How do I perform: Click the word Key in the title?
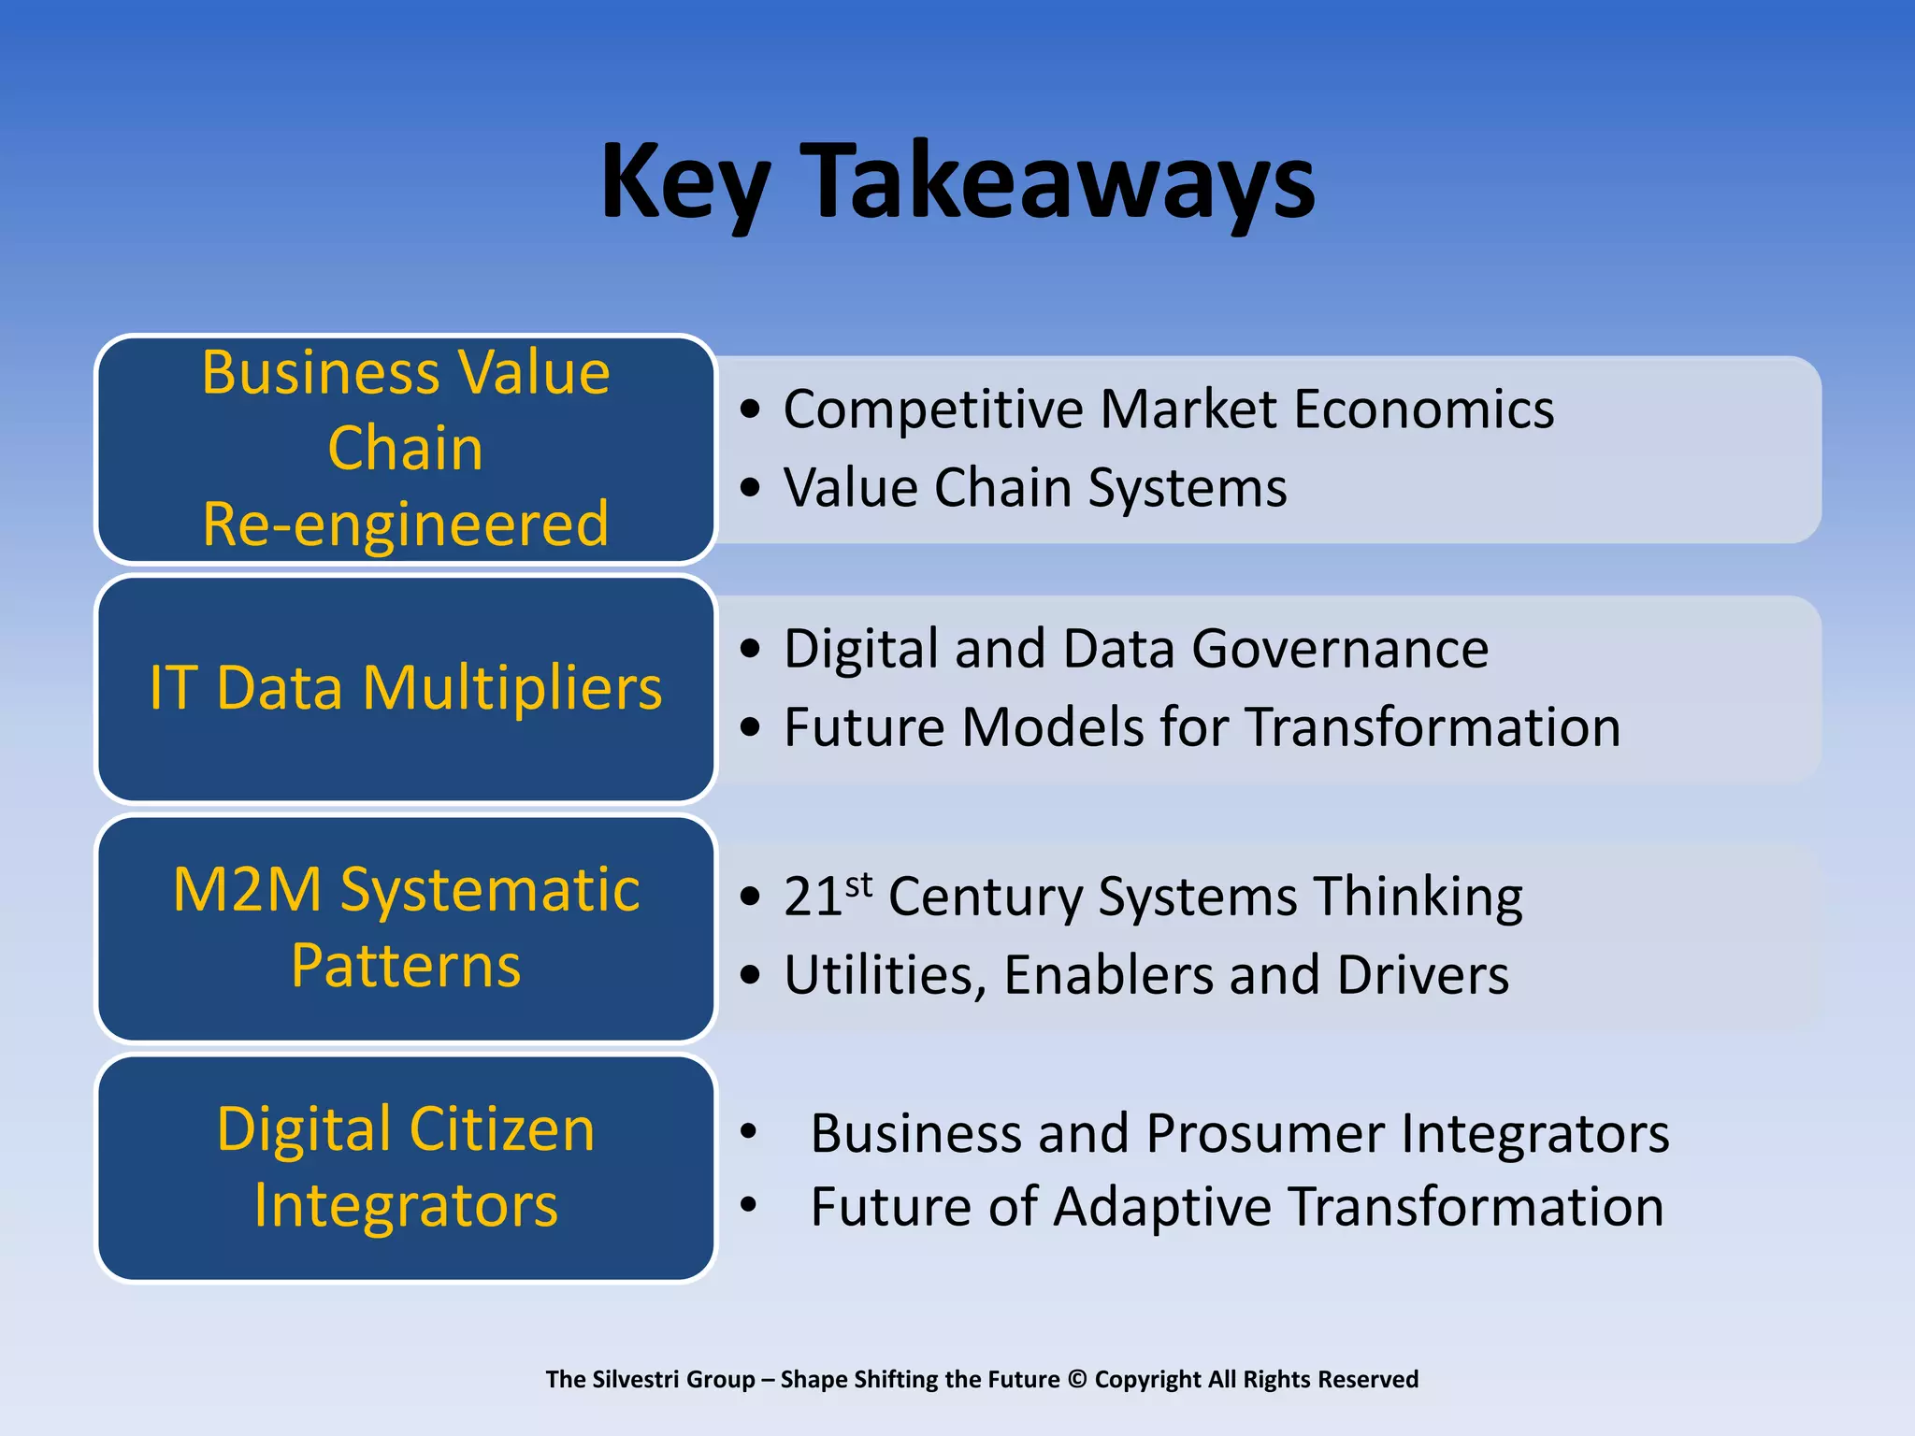click(x=685, y=182)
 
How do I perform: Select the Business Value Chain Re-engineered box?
click(x=406, y=449)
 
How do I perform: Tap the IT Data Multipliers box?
click(x=406, y=689)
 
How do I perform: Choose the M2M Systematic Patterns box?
click(x=406, y=927)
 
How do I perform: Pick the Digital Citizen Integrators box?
click(x=406, y=1167)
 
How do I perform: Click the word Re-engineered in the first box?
click(x=406, y=524)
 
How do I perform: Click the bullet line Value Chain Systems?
click(x=1034, y=488)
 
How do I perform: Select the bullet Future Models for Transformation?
click(x=1202, y=727)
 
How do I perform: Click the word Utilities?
click(x=885, y=976)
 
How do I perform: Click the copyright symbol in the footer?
click(x=1077, y=1380)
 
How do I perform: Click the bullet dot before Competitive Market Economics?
click(x=750, y=409)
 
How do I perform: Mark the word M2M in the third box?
click(x=248, y=889)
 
